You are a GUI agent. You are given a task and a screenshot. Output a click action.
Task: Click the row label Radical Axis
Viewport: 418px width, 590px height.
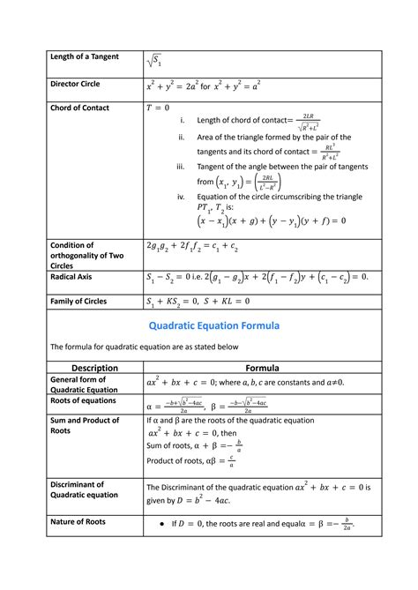pos(73,276)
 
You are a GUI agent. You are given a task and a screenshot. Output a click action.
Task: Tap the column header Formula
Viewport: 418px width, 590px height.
pos(263,368)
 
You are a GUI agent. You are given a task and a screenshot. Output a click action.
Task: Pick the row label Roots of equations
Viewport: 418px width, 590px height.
pos(85,400)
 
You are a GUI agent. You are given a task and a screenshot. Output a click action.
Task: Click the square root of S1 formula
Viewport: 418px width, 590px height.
pos(154,60)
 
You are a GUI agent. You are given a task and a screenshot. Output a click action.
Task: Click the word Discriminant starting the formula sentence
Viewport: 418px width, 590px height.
pos(187,486)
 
